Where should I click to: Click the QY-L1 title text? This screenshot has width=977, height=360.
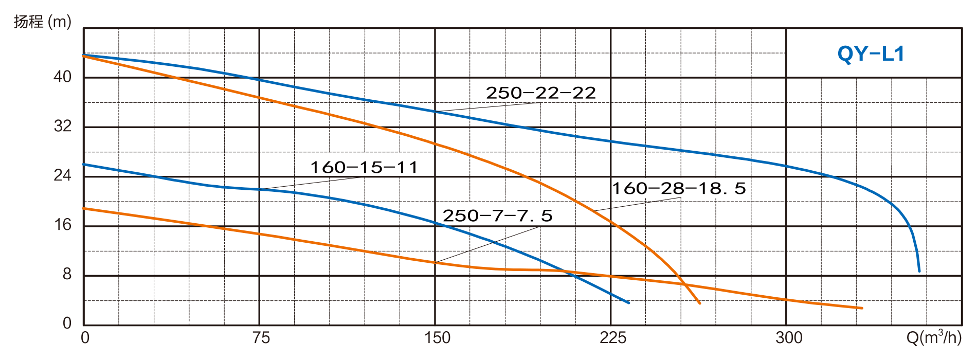(871, 54)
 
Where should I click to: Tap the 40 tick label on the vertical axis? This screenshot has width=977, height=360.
(62, 77)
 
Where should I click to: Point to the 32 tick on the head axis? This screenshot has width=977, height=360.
(62, 127)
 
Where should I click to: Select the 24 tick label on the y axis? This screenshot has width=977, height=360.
(62, 176)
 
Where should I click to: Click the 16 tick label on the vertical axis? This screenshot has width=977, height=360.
(62, 225)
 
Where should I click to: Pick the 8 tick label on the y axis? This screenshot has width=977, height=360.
(67, 275)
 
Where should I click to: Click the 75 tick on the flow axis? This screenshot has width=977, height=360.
(261, 338)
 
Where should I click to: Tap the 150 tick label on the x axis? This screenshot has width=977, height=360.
(437, 338)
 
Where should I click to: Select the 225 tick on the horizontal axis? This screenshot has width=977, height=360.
(613, 338)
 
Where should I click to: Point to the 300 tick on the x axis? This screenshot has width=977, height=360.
(789, 338)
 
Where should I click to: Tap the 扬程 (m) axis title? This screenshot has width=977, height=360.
(42, 23)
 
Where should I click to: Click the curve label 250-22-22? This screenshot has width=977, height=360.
(540, 93)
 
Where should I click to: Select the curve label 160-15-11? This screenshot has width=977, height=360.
(364, 168)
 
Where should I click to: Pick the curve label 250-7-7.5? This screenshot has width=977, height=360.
(498, 215)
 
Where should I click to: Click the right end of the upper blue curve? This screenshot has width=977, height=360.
(919, 271)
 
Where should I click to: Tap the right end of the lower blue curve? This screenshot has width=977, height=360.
(629, 302)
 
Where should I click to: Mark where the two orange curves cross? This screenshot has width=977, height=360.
(683, 284)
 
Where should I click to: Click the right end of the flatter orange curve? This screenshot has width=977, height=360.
(862, 308)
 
